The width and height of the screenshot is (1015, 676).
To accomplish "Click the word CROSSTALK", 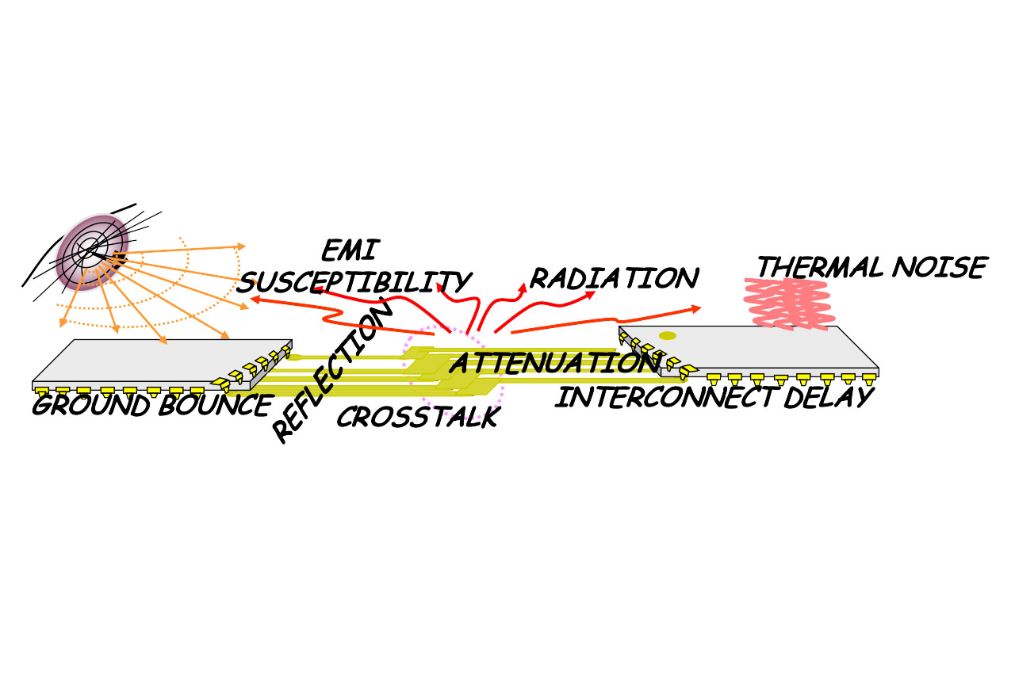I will pyautogui.click(x=418, y=417).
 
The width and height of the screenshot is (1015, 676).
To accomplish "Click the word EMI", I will pyautogui.click(x=350, y=250).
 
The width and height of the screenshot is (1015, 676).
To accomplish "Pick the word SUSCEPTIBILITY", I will pyautogui.click(x=354, y=281).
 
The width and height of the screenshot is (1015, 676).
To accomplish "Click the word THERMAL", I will pyautogui.click(x=820, y=268).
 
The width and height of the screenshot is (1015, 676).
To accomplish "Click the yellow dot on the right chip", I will pyautogui.click(x=668, y=336).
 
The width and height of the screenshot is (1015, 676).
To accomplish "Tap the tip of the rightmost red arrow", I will pyautogui.click(x=699, y=307).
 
